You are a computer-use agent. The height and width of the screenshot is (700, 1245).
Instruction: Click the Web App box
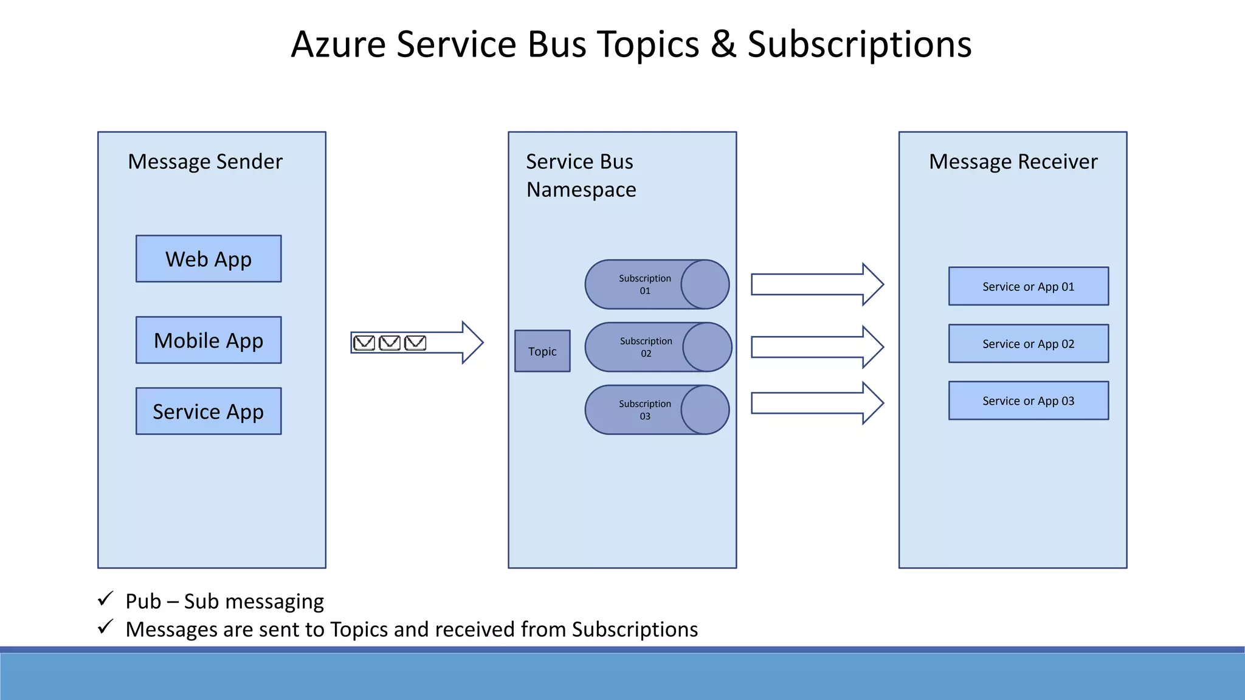coord(209,259)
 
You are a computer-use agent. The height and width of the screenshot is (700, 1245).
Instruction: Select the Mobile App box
coord(209,340)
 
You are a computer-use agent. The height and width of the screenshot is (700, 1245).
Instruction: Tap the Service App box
coord(209,411)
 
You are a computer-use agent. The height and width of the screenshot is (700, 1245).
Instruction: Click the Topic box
coord(542,351)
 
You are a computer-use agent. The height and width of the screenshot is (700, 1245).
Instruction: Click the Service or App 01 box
coord(1028,286)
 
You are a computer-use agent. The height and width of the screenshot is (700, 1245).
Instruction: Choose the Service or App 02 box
coord(1028,344)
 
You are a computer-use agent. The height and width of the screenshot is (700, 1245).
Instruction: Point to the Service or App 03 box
coord(1028,400)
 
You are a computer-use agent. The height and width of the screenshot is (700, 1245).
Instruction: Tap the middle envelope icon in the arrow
coord(390,343)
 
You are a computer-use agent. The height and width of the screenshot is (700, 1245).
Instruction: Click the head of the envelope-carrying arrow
coord(472,343)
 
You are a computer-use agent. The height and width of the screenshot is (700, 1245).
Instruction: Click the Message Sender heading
coord(205,162)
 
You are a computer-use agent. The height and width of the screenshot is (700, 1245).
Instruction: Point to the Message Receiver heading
coord(1013,162)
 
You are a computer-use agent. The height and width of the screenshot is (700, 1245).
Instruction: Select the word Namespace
coord(581,190)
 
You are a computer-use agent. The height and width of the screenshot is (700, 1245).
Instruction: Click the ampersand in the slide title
coord(723,44)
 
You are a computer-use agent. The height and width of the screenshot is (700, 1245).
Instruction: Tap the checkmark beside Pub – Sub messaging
coord(106,599)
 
